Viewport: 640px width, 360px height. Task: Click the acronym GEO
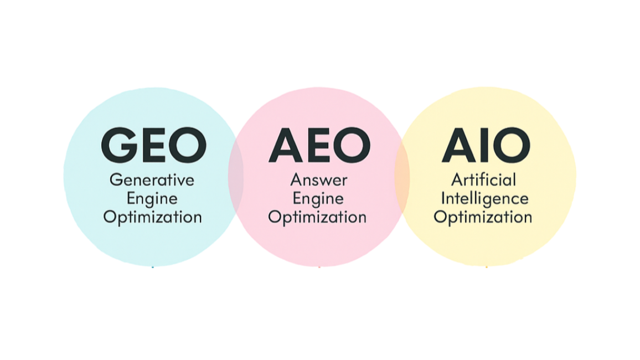pos(153,146)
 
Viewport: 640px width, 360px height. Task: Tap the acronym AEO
pos(319,146)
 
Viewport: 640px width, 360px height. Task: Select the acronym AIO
pos(486,146)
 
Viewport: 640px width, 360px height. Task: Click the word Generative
pos(152,181)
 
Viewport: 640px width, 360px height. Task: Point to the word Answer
pos(319,180)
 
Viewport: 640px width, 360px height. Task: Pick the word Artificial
pos(483,180)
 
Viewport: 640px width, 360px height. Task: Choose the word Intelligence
pos(484,198)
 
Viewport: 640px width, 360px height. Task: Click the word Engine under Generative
pos(152,199)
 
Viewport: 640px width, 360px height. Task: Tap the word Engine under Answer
pos(318,199)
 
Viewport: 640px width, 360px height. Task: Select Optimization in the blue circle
pos(152,217)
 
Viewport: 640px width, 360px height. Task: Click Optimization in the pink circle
pos(317,217)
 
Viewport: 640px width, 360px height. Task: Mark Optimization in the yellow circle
pos(483,217)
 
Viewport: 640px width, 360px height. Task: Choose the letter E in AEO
pos(320,146)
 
